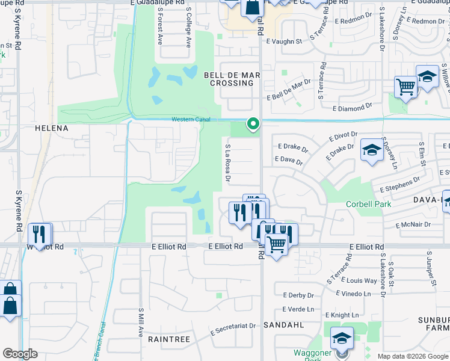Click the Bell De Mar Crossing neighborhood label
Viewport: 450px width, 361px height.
click(x=232, y=79)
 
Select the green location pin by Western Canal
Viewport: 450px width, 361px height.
click(x=253, y=125)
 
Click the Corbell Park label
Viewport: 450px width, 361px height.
click(x=368, y=204)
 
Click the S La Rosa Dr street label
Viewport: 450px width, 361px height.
click(x=228, y=162)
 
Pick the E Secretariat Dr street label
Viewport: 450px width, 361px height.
click(x=233, y=329)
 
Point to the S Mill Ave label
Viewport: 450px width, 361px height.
click(x=140, y=322)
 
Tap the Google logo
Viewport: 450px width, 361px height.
click(x=20, y=354)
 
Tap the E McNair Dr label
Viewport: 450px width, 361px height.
click(x=413, y=225)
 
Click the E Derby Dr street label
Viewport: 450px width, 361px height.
click(x=298, y=295)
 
